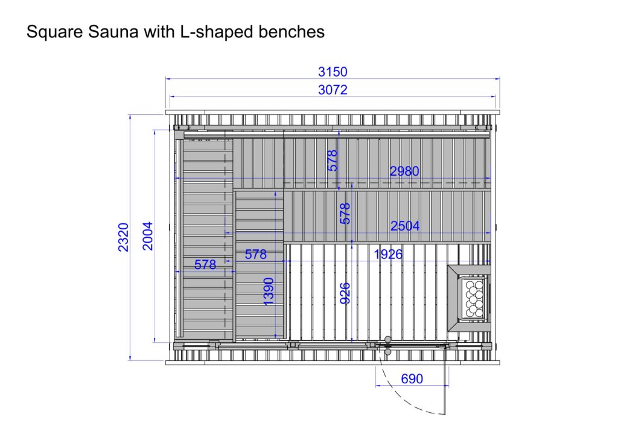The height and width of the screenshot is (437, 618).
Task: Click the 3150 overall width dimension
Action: [333, 72]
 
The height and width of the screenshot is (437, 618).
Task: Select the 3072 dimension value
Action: [333, 90]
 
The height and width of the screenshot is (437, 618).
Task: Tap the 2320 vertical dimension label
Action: [123, 237]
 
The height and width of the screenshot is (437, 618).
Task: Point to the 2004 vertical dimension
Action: [147, 236]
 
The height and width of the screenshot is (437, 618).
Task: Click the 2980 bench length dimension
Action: [404, 171]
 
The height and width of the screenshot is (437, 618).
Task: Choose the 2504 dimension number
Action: [405, 226]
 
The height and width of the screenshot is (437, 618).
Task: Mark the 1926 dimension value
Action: [388, 254]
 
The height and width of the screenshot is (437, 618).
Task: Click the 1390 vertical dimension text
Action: [268, 292]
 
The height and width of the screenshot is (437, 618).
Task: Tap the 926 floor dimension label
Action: [345, 293]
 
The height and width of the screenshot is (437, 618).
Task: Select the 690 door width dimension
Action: [412, 378]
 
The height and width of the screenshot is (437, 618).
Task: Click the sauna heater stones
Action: [474, 299]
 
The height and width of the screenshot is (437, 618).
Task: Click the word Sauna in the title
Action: [113, 31]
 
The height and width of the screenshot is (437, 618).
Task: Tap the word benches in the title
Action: [291, 31]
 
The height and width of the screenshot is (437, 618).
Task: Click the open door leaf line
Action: [447, 379]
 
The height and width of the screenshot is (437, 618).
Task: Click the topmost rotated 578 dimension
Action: [333, 161]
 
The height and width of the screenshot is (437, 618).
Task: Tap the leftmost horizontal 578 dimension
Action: [205, 264]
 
